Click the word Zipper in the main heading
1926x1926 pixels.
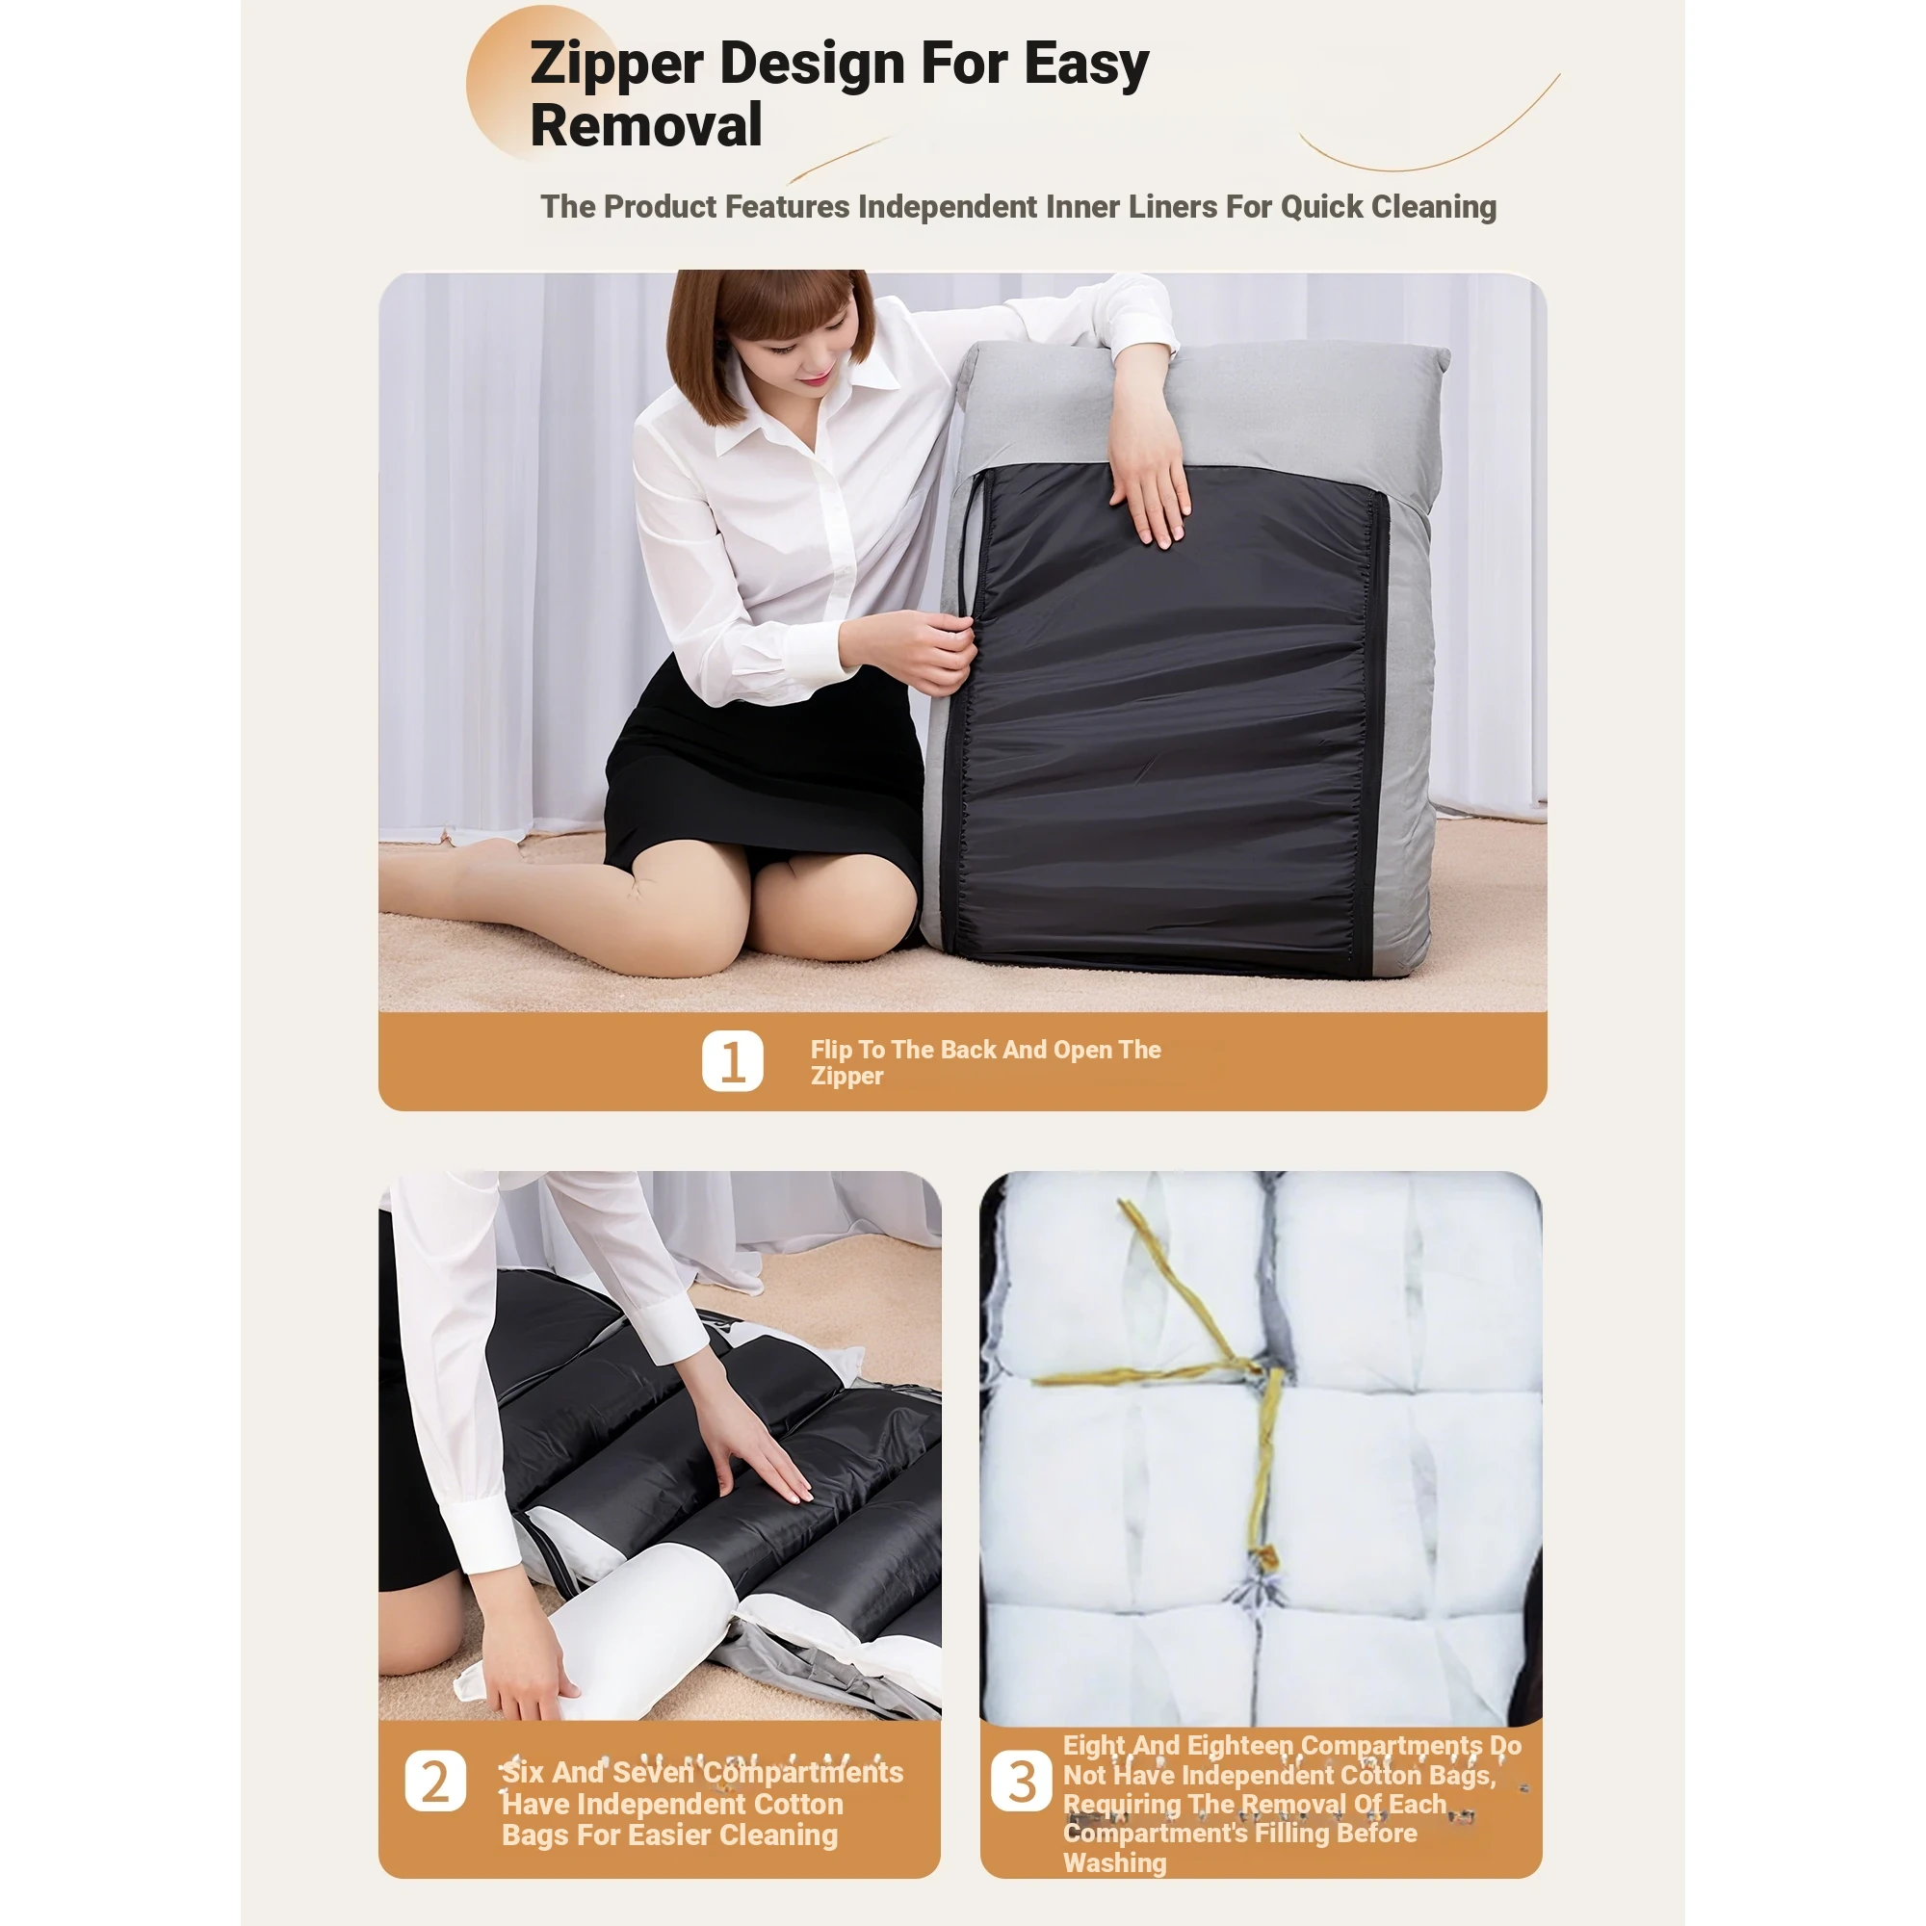click(x=617, y=64)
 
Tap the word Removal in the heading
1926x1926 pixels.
click(x=646, y=125)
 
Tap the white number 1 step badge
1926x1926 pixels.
click(x=733, y=1060)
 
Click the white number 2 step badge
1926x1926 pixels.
click(x=435, y=1781)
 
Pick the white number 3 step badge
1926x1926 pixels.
click(x=1021, y=1781)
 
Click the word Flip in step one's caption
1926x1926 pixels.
click(x=830, y=1050)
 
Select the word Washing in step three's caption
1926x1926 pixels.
click(x=1114, y=1862)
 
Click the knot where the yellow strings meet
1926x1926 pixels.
click(x=1254, y=1371)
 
